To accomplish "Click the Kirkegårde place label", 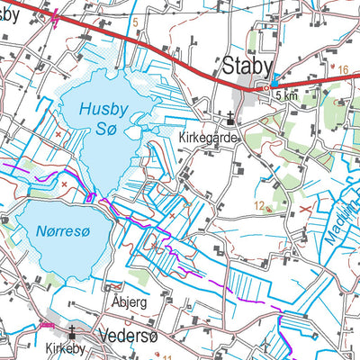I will pyautogui.click(x=206, y=139).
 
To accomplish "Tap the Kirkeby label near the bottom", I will pyautogui.click(x=60, y=346).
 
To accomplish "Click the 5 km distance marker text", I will pyautogui.click(x=286, y=95).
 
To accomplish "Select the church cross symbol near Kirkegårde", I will pyautogui.click(x=231, y=116).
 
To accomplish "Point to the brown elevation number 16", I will pyautogui.click(x=343, y=68).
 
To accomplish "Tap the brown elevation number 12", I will pyautogui.click(x=259, y=206).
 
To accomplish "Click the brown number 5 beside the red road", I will pyautogui.click(x=136, y=22).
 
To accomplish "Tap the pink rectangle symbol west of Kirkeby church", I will pyautogui.click(x=47, y=325).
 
